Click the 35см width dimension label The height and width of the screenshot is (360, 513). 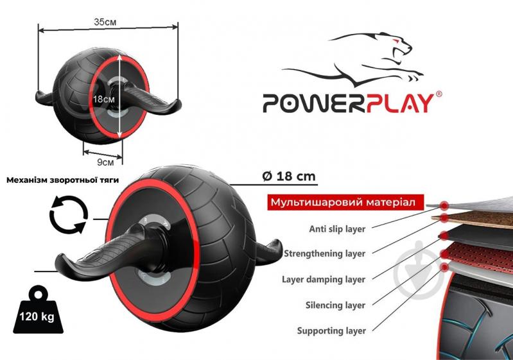click(x=105, y=22)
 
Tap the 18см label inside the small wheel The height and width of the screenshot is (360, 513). click(x=104, y=99)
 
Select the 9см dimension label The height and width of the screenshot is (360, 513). click(x=105, y=162)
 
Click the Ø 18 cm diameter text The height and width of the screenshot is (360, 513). click(x=289, y=176)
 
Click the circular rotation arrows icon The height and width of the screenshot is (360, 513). click(x=68, y=214)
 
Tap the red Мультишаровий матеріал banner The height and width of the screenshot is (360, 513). click(x=345, y=202)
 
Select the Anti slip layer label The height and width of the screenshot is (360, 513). click(x=337, y=229)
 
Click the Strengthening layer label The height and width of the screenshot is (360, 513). click(x=324, y=253)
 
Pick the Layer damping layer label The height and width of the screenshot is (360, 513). click(x=324, y=280)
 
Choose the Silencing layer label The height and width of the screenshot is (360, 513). click(x=335, y=305)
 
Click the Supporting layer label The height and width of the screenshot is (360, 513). click(x=331, y=330)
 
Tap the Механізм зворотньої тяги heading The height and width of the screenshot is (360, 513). click(x=62, y=180)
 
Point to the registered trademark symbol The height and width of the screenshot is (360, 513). click(x=439, y=94)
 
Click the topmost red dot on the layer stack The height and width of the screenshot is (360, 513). click(x=444, y=205)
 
